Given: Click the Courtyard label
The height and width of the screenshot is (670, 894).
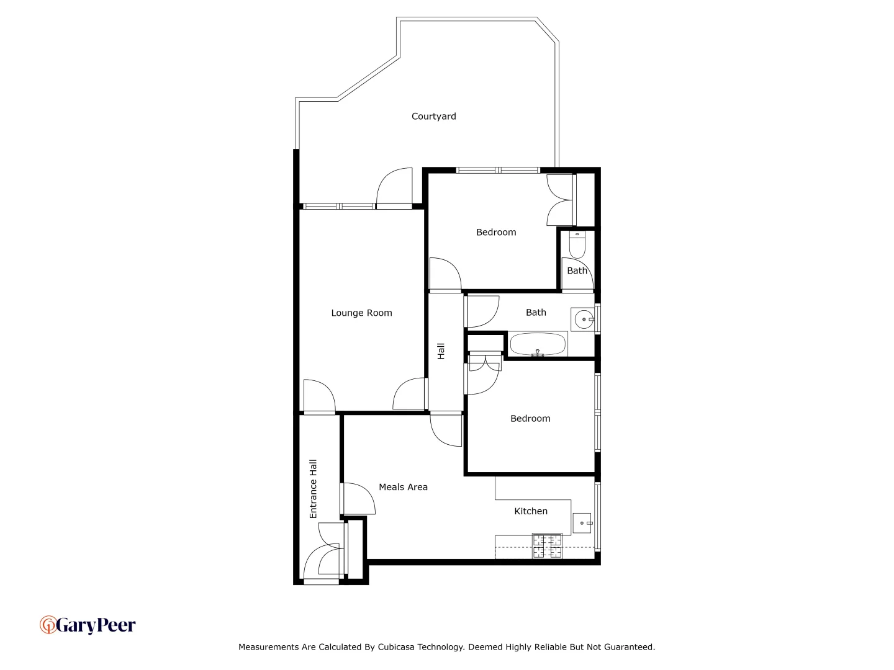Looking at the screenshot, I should coord(433,117).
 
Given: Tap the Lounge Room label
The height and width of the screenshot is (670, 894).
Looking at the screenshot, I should coord(361,313).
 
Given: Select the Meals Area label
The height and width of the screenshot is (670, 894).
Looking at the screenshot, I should coord(403,488).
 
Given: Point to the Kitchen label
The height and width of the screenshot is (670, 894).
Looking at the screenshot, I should coord(531,512).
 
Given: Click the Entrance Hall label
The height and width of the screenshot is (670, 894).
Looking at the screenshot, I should coord(314,489).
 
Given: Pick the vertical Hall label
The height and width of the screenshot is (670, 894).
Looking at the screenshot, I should coord(441,351).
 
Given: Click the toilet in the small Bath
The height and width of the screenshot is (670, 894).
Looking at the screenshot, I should coord(577,245).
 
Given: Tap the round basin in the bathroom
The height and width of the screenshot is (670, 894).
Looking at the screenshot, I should coord(583,320).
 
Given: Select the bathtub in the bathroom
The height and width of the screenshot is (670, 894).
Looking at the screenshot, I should coord(538,344).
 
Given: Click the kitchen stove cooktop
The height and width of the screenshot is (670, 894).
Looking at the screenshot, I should coord(547,546).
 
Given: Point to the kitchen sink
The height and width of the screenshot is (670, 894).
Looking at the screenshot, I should coord(582,523).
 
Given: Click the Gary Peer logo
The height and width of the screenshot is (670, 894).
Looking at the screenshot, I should coord(88,625).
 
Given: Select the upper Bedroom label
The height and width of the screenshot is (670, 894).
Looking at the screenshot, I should coord(496,233).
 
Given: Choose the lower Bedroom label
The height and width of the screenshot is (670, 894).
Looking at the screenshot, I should coord(530,419).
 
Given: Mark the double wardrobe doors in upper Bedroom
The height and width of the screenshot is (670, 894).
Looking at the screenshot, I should coord(560,200).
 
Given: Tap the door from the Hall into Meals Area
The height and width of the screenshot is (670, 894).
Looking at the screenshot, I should coord(446,430).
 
